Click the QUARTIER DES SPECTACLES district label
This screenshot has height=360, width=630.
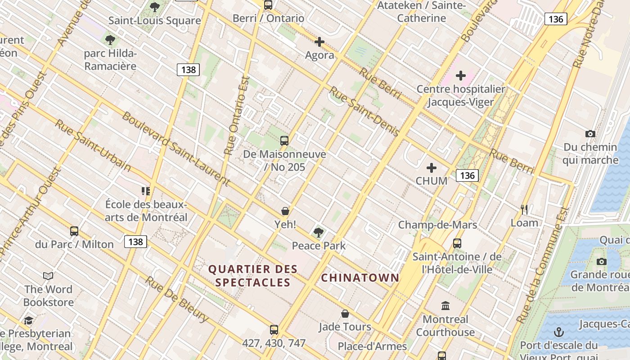tap(252, 276)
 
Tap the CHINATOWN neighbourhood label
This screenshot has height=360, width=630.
tap(360, 278)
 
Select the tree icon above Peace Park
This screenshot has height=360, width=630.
tap(319, 233)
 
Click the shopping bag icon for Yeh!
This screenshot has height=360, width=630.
tap(285, 211)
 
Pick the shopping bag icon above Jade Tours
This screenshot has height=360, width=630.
tap(345, 314)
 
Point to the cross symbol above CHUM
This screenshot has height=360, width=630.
tap(432, 168)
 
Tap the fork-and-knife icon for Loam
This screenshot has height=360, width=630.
tap(524, 209)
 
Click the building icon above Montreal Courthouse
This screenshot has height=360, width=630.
tap(445, 306)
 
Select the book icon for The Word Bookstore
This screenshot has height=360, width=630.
tap(48, 276)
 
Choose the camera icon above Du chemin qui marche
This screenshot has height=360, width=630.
tap(590, 134)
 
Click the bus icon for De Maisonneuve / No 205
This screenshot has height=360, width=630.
tap(284, 140)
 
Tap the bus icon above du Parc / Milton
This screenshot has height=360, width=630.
tap(74, 231)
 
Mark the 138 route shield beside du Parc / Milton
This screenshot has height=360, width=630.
tap(135, 242)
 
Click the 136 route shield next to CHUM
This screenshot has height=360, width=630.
tap(467, 175)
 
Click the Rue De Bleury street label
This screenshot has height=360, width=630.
tap(177, 299)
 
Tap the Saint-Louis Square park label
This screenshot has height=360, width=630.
tap(154, 21)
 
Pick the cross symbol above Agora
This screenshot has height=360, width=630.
tap(319, 42)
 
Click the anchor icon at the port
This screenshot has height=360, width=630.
tap(558, 332)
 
